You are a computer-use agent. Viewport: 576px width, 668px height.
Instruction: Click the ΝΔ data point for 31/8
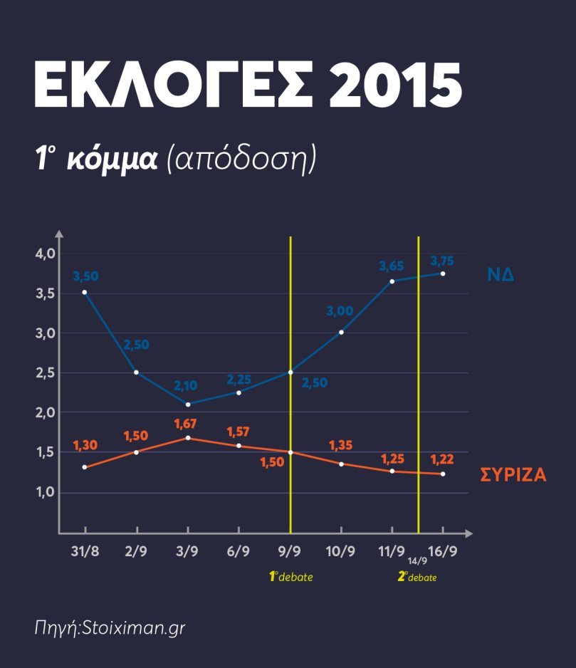click(x=85, y=292)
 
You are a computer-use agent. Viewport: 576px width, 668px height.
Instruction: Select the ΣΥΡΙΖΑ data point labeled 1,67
click(x=188, y=438)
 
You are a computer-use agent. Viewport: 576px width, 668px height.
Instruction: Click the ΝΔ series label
click(x=501, y=275)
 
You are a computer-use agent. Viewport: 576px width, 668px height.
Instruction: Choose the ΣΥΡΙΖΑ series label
click(x=513, y=475)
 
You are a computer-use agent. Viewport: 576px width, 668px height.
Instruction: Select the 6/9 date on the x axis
click(x=238, y=551)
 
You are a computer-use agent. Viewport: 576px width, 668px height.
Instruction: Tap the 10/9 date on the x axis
click(x=340, y=551)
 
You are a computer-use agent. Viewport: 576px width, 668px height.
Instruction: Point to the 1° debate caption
click(x=290, y=577)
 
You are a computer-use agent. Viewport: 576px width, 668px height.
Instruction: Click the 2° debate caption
click(x=417, y=577)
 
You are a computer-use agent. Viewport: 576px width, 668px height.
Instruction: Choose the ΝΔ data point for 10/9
click(x=342, y=333)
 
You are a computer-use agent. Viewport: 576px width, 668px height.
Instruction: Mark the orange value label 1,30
click(x=85, y=445)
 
